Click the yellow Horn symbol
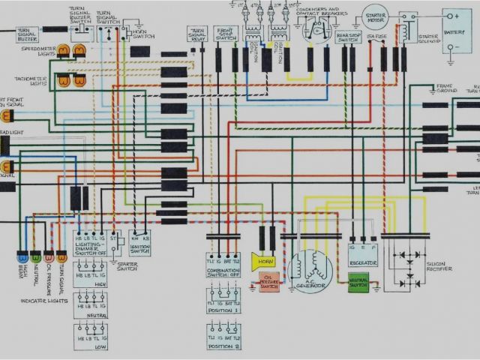262,261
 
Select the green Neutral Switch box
358,283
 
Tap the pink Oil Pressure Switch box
268,282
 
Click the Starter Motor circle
375,16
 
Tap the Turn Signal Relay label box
199,34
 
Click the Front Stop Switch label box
226,33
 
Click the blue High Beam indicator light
22,257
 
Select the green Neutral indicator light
36,257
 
